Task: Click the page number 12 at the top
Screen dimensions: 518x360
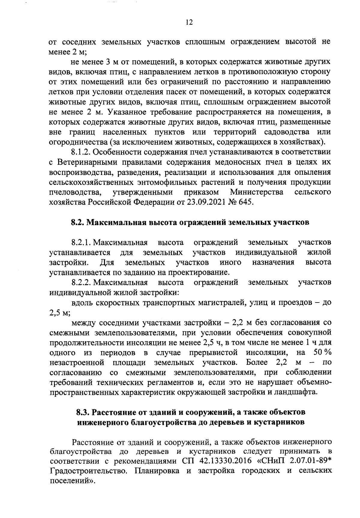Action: (189, 23)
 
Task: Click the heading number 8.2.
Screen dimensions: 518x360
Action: (77, 223)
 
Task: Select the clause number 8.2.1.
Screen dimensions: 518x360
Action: (81, 242)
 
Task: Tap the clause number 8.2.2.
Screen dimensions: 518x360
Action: (81, 282)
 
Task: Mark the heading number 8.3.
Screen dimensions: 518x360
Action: (82, 412)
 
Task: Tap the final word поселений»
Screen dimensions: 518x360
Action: (72, 480)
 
